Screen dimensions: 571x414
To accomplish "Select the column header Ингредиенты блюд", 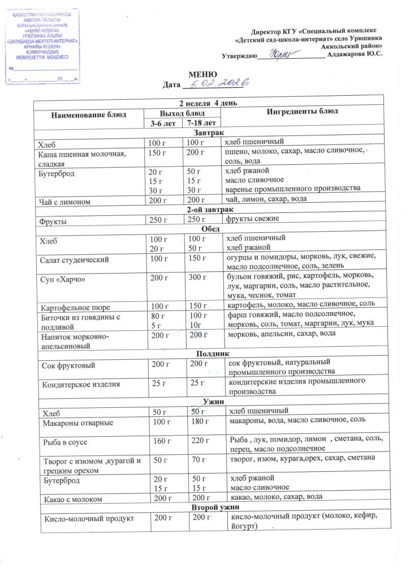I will pyautogui.click(x=297, y=112).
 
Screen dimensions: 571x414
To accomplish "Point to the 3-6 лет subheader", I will pyautogui.click(x=163, y=122).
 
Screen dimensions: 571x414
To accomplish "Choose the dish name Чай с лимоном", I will pyautogui.click(x=63, y=200).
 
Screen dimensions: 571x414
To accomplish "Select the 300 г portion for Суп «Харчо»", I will pyautogui.click(x=196, y=278).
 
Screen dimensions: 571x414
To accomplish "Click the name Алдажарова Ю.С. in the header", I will pyautogui.click(x=355, y=54).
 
